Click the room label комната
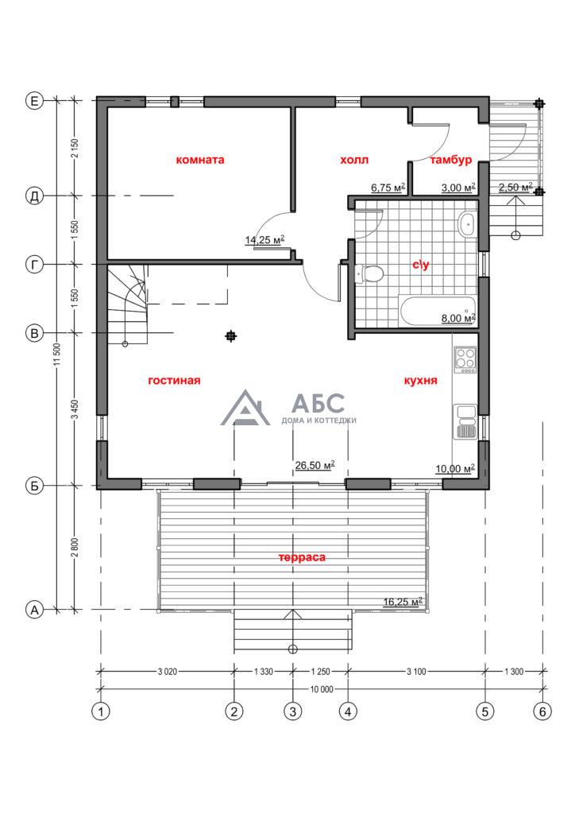point(200,159)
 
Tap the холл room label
point(354,159)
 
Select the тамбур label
point(450,160)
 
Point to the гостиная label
point(174,380)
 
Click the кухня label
point(420,381)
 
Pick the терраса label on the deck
point(302,557)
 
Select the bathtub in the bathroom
point(438,311)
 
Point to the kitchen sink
point(465,421)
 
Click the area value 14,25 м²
point(265,240)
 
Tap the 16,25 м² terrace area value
point(403,602)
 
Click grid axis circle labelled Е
point(35,101)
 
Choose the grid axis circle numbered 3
point(293,711)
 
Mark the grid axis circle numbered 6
point(543,711)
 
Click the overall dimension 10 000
point(322,689)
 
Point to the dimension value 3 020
point(167,671)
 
